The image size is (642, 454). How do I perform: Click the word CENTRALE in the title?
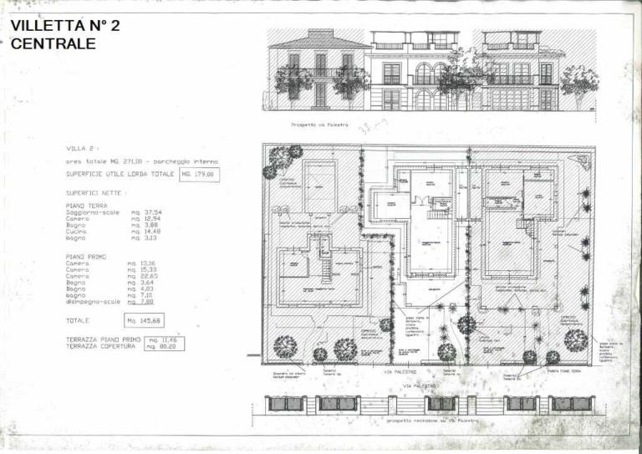53,43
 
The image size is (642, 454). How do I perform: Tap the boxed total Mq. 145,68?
144,320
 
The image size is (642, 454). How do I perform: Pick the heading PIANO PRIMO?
86,256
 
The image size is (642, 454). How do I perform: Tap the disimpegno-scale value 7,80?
145,302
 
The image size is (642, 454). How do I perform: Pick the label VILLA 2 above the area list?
82,147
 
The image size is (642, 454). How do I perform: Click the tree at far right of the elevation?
579,82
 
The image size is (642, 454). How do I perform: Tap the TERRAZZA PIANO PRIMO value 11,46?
164,339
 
